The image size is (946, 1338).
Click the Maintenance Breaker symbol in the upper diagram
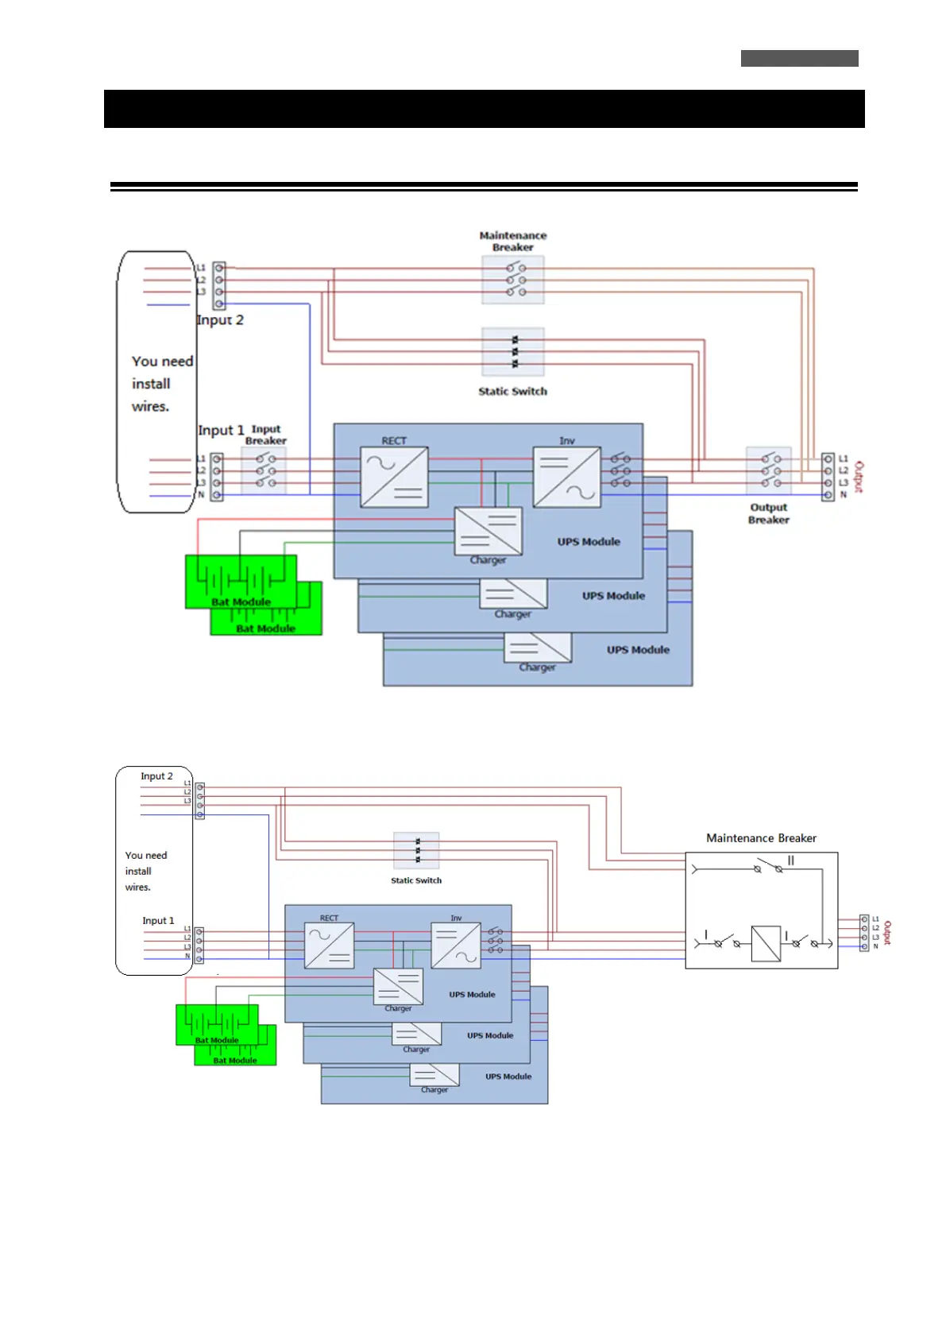[x=513, y=280]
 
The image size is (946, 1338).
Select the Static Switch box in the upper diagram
[x=513, y=351]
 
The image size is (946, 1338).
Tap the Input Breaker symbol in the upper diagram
[x=264, y=470]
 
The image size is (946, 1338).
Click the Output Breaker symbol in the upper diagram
[x=769, y=470]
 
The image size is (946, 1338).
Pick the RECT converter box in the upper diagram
[x=394, y=477]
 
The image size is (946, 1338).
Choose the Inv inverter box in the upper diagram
[x=566, y=477]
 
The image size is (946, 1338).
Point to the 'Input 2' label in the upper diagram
[x=220, y=320]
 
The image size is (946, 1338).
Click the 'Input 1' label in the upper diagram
[x=221, y=430]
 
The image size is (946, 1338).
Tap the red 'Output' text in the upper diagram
[x=859, y=477]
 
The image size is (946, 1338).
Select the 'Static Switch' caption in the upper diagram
[x=512, y=391]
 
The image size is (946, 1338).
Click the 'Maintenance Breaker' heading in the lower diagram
[x=761, y=838]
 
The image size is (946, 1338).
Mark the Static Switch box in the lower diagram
[x=416, y=851]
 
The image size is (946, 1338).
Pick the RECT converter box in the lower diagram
[x=329, y=945]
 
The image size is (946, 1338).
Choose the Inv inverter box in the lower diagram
[x=456, y=945]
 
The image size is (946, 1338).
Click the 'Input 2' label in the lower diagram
[x=156, y=776]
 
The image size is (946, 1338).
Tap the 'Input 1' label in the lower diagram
[x=158, y=921]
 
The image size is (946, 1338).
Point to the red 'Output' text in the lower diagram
[x=887, y=933]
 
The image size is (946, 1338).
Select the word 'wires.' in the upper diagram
[x=150, y=406]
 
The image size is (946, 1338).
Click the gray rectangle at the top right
[x=799, y=58]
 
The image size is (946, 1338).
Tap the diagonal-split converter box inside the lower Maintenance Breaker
[x=766, y=943]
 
